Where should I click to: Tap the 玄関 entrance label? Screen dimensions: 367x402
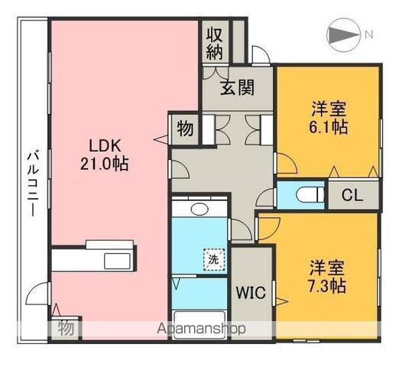[x=238, y=88]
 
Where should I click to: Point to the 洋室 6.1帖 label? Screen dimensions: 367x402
[x=329, y=118]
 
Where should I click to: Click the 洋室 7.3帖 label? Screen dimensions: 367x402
[x=328, y=277]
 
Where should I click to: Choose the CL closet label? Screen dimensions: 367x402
[x=352, y=195]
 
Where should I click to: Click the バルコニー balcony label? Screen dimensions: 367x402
[x=32, y=181]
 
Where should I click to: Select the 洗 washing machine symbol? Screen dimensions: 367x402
[x=214, y=260]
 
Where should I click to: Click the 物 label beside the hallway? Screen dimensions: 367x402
[x=184, y=128]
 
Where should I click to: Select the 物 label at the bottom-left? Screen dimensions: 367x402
[x=66, y=329]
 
